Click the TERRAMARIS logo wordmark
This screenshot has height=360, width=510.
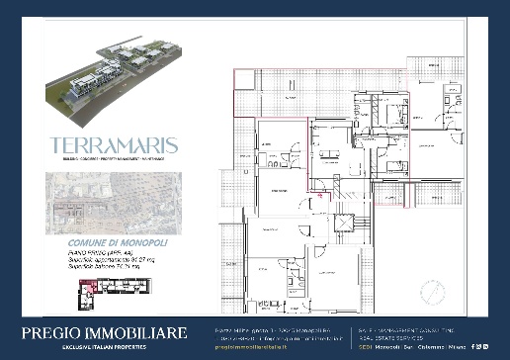coord(114,144)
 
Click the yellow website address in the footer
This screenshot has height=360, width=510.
coord(247,348)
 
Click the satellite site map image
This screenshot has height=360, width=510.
coord(110,202)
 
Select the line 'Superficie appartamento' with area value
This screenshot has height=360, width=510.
coord(102,259)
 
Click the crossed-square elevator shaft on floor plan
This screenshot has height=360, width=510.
coord(345,224)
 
